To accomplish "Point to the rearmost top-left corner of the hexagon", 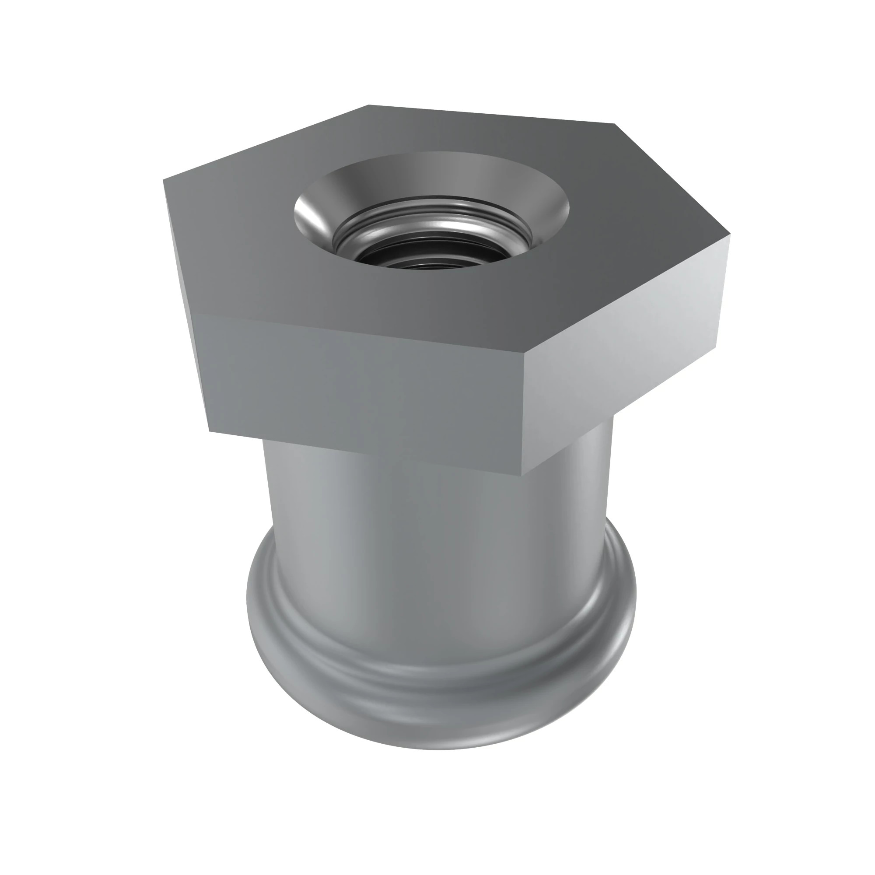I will (368, 105).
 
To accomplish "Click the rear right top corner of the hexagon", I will (614, 123).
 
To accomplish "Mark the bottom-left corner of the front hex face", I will (209, 430).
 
